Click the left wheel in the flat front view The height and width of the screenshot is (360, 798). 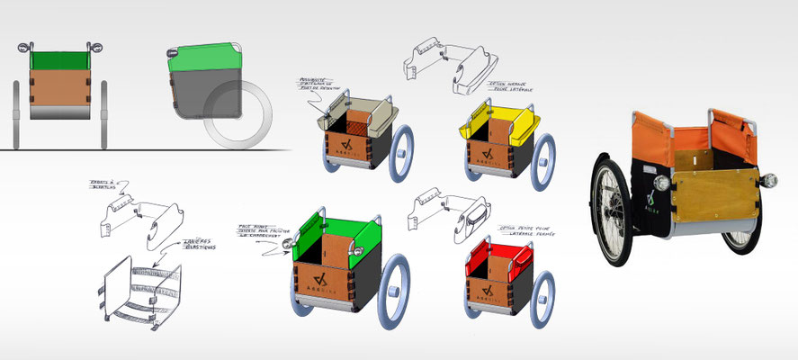[19, 112]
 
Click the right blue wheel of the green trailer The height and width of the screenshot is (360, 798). [396, 283]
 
